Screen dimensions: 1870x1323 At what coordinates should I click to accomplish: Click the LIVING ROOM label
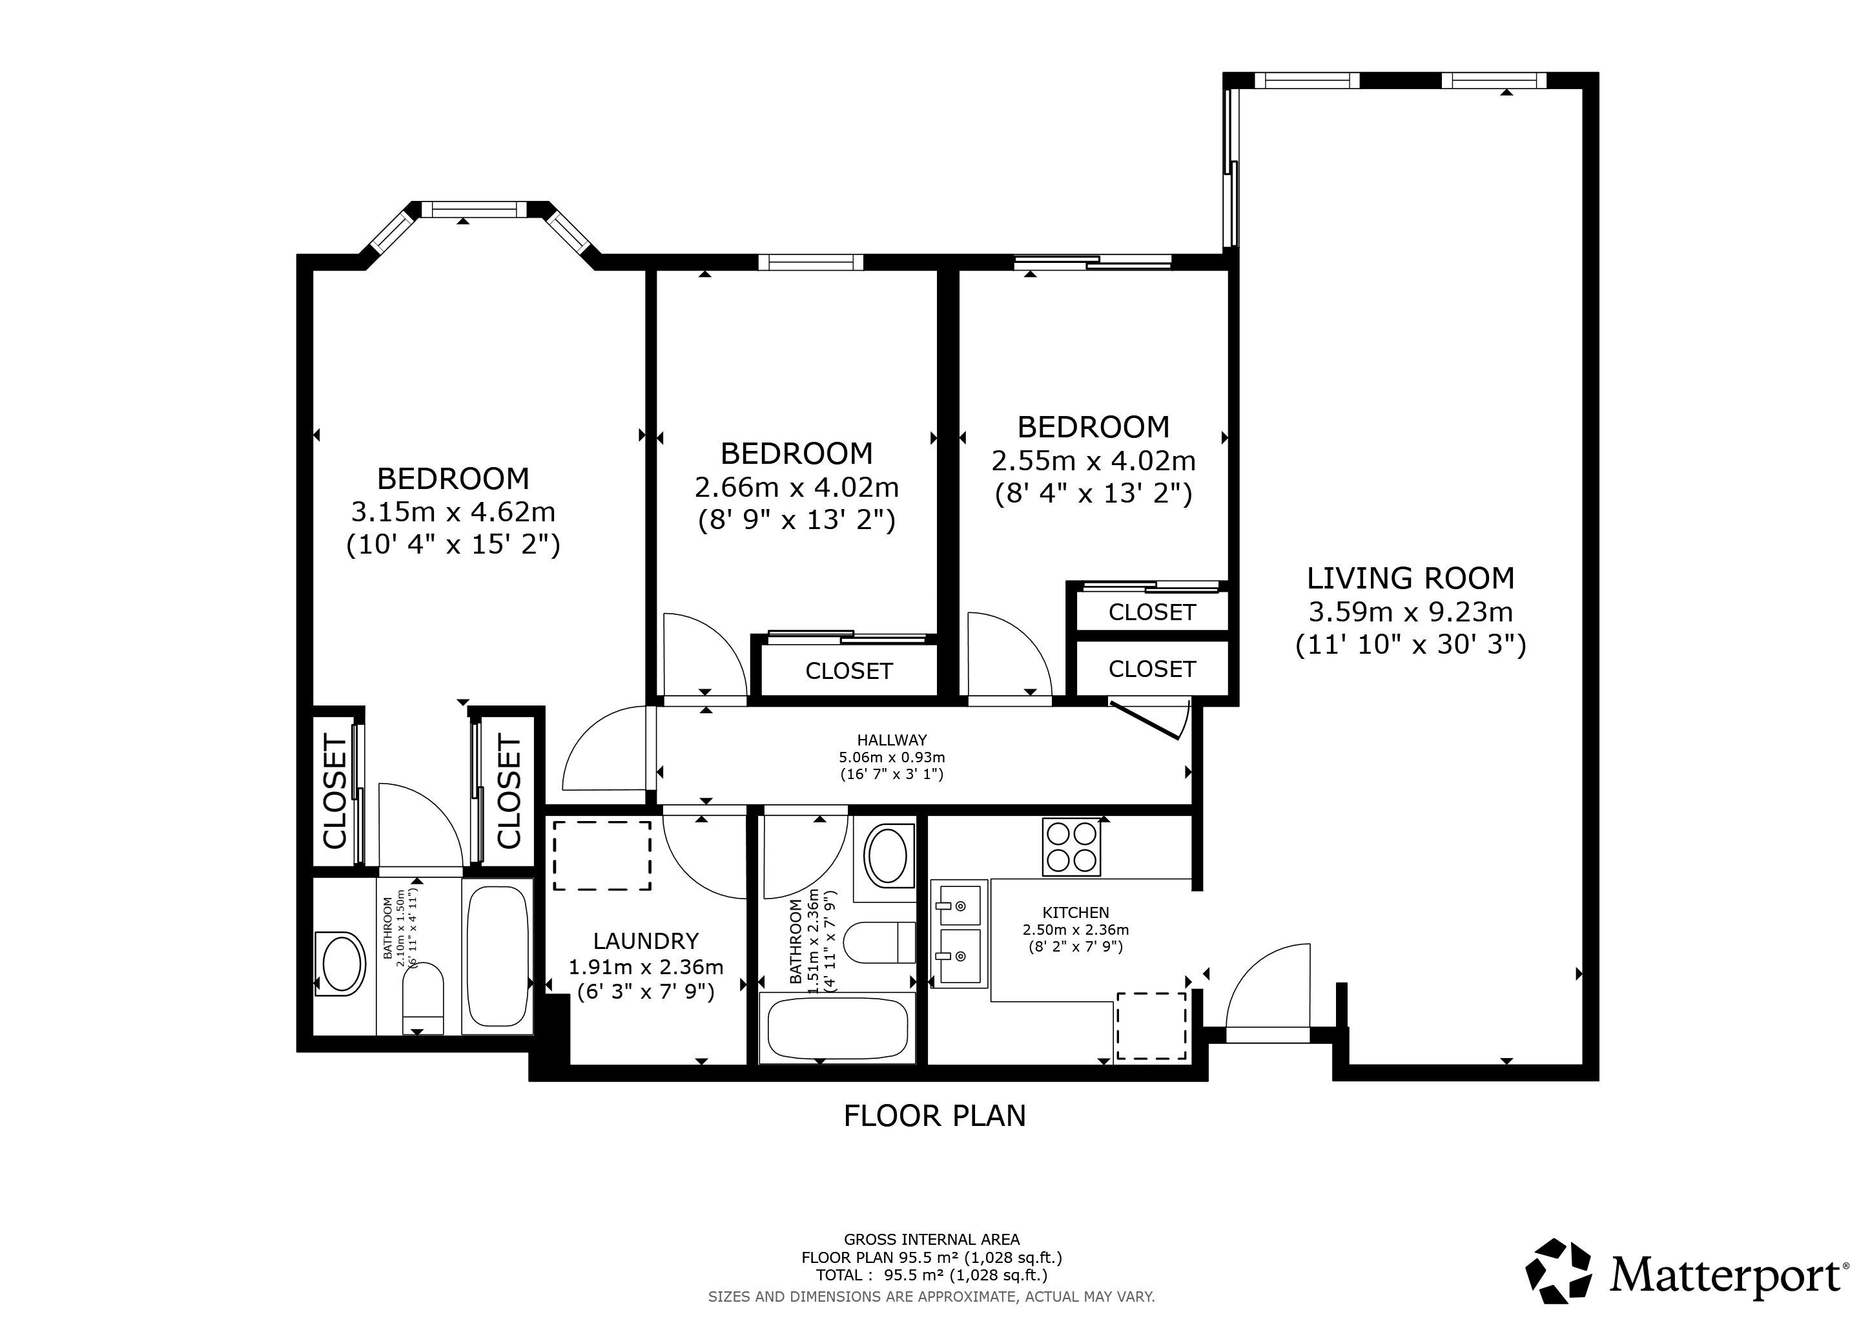coord(1411,578)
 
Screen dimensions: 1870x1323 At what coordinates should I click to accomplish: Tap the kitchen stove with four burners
coord(1072,848)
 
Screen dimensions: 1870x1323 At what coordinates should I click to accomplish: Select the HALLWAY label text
coord(892,740)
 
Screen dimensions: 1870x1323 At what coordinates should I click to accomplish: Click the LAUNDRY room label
coord(646,941)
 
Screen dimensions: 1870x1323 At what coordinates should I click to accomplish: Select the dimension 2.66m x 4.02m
coord(797,487)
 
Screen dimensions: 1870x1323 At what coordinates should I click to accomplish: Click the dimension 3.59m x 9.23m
coord(1411,611)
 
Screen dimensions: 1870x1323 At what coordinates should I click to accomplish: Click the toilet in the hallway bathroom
coord(880,943)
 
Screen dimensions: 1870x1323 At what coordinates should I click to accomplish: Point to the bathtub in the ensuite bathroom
coord(498,957)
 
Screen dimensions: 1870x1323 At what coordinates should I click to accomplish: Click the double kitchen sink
coord(960,933)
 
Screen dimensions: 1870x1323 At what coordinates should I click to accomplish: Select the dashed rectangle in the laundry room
coord(602,855)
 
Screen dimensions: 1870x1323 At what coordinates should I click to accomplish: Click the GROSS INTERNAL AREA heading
coord(932,1240)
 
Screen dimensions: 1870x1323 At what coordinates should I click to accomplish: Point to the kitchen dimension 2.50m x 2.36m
coord(1076,930)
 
